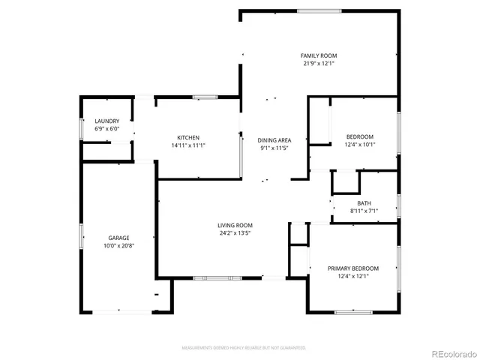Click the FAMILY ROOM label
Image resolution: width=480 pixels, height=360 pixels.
pyautogui.click(x=319, y=56)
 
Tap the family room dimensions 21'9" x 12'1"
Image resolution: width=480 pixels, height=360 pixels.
pyautogui.click(x=319, y=64)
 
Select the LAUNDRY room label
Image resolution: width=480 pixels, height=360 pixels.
pyautogui.click(x=106, y=121)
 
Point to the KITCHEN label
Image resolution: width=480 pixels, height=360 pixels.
pyautogui.click(x=188, y=137)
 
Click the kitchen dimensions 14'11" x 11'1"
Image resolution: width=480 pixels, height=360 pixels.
pyautogui.click(x=188, y=145)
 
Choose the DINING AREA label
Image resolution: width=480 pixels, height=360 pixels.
pyautogui.click(x=274, y=140)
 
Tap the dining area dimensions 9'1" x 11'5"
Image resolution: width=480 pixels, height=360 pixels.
pyautogui.click(x=274, y=148)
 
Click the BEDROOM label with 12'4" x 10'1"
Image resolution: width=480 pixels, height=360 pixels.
pyautogui.click(x=360, y=136)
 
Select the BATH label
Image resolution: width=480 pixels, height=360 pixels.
pyautogui.click(x=364, y=203)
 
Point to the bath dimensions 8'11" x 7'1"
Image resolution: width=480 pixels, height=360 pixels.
pyautogui.click(x=364, y=211)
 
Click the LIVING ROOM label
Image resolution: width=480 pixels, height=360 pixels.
pyautogui.click(x=235, y=225)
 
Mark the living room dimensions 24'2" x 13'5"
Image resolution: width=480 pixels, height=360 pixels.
pyautogui.click(x=235, y=232)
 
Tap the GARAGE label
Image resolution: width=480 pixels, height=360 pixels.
pyautogui.click(x=118, y=238)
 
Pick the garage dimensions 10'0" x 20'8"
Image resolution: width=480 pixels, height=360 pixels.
pyautogui.click(x=118, y=245)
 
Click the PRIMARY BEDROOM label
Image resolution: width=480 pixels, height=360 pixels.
pyautogui.click(x=353, y=268)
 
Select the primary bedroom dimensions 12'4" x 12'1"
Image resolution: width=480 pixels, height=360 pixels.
pyautogui.click(x=353, y=276)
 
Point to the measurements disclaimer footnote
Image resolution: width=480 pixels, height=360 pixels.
pyautogui.click(x=244, y=347)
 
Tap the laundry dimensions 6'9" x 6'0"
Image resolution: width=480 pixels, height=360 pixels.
pyautogui.click(x=106, y=129)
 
